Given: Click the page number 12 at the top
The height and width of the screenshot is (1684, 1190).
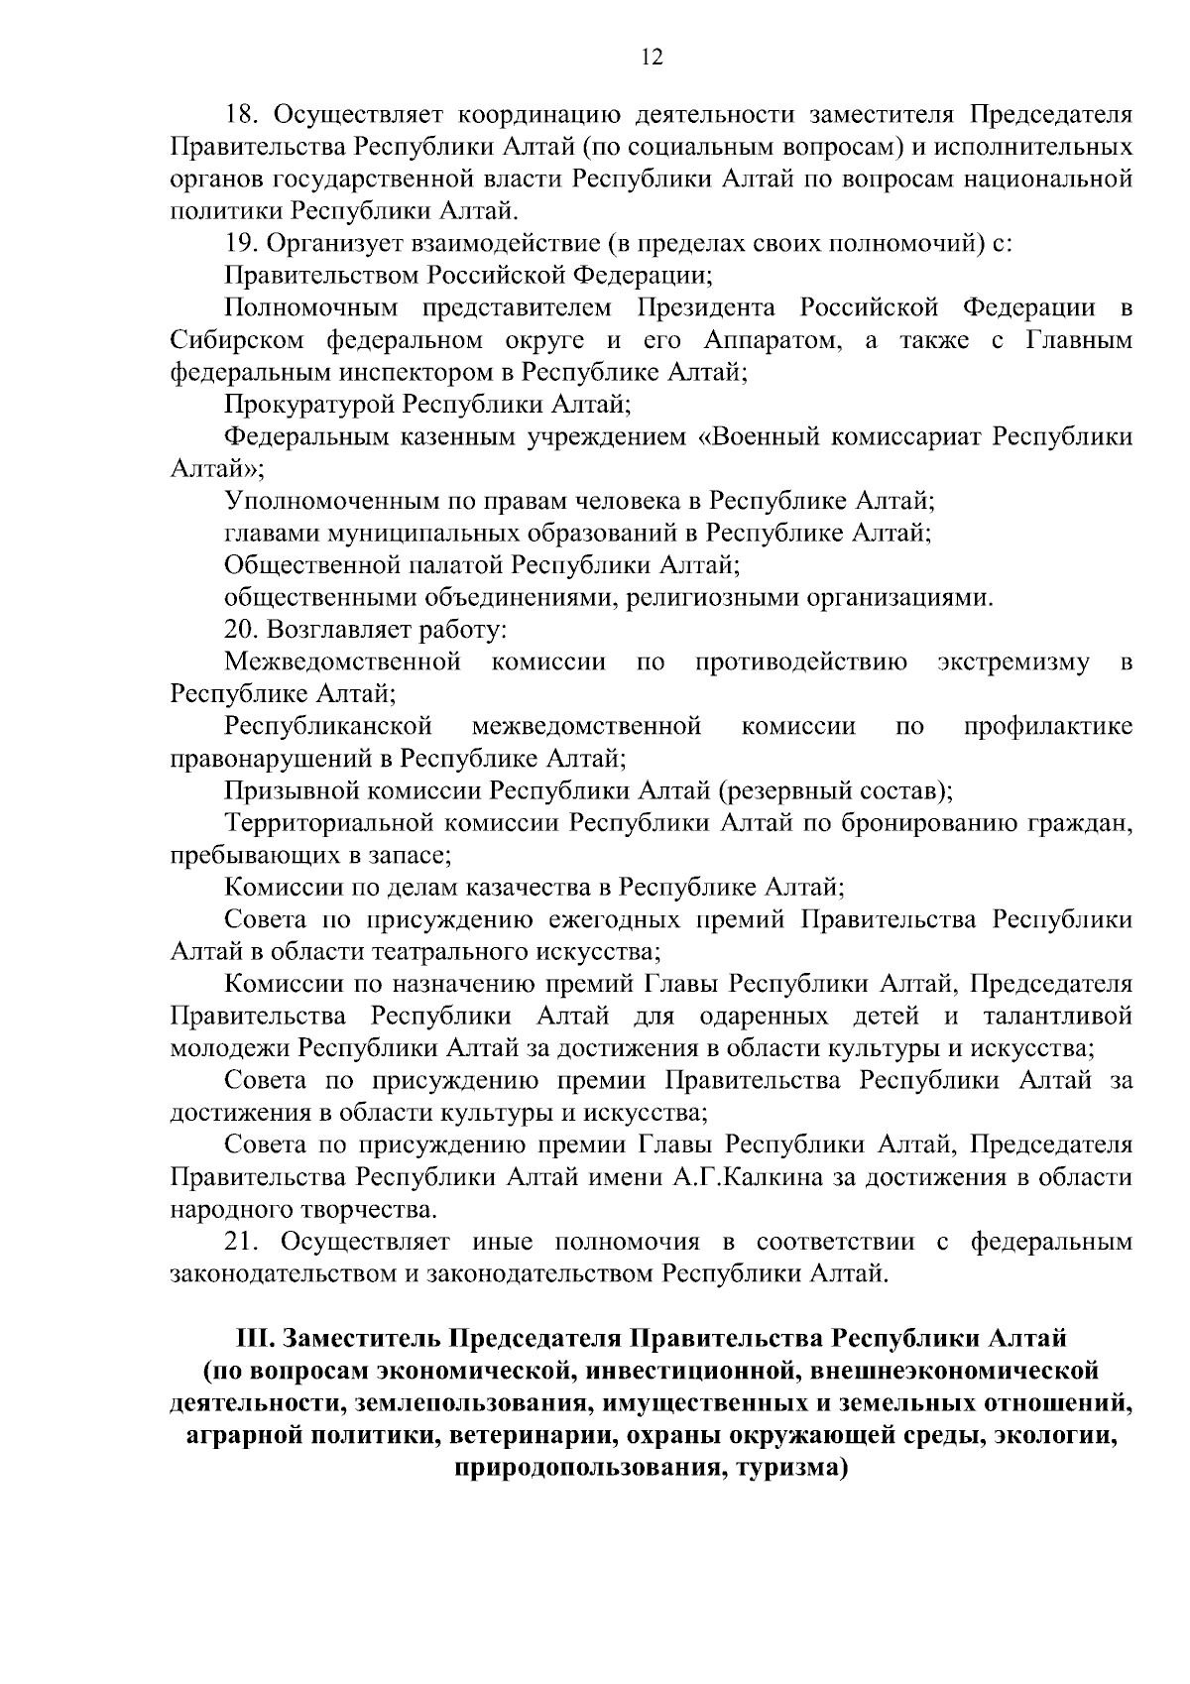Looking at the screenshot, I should [652, 58].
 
